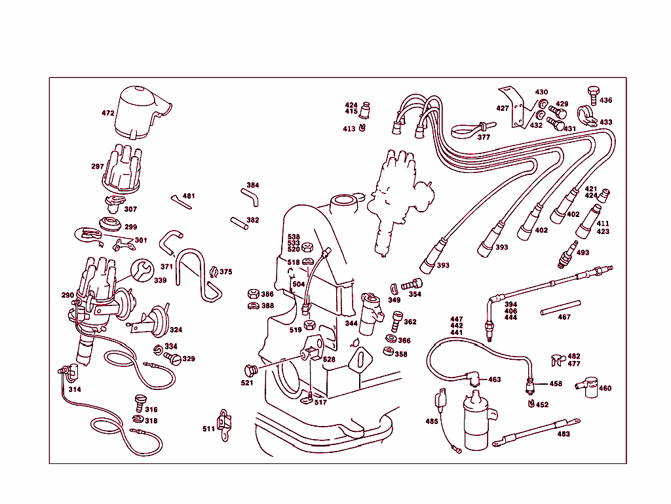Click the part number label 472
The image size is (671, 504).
pos(108,113)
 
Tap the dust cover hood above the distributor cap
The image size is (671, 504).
pos(141,111)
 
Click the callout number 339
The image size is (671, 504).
pos(160,281)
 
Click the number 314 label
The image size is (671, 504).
pos(75,389)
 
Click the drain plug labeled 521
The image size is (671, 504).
pos(249,370)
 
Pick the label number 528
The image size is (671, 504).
pos(329,360)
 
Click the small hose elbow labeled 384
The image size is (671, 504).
pos(250,195)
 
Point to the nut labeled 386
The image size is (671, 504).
pos(252,294)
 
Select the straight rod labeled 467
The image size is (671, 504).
pos(561,307)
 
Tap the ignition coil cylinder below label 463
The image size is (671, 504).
pos(478,423)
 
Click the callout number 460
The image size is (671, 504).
pos(605,389)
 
